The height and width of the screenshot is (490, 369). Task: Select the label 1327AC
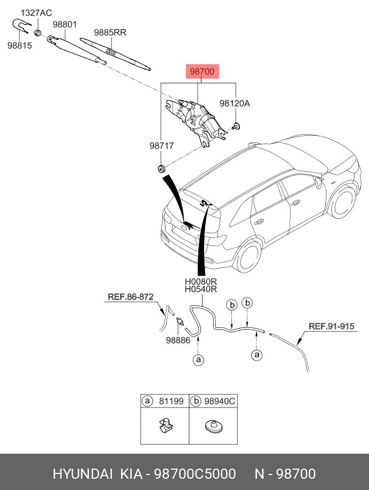pos(37,12)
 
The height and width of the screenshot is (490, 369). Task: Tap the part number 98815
pos(20,45)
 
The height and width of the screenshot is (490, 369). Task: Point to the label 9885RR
pos(110,33)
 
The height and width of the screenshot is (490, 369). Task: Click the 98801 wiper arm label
pos(65,25)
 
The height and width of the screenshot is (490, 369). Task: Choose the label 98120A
pos(235,104)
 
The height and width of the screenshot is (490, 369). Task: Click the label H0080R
pos(200,281)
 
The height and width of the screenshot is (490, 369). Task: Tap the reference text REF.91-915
pos(332,325)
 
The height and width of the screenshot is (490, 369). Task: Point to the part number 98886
pos(178,340)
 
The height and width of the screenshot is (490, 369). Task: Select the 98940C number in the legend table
pos(221,401)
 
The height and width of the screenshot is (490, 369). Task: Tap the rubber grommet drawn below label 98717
pos(160,169)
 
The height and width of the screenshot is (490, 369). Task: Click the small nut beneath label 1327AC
pos(37,33)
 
